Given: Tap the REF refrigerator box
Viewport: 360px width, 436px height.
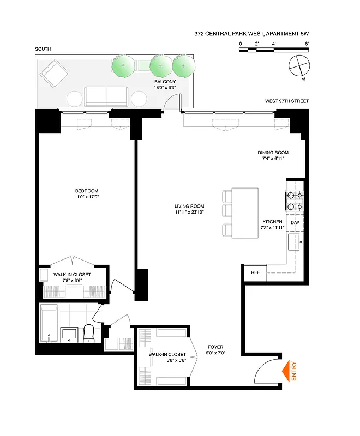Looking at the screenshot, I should coord(255,272).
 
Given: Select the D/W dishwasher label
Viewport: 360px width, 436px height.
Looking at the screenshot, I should coord(295,223).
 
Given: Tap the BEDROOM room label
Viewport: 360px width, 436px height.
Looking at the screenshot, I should coord(86,190).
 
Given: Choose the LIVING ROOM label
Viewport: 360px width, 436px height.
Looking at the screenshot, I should coord(189,206).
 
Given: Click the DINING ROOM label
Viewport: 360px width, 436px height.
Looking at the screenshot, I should coord(273,153).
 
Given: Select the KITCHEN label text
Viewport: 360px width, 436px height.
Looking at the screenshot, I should coord(272,222).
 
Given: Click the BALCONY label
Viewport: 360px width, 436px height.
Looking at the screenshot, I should coord(164,82).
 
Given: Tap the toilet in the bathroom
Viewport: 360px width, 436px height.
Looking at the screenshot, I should coord(89,334).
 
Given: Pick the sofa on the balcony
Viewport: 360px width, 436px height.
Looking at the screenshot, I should coord(106,96).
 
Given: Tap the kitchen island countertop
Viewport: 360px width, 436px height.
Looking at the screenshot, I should coord(245,213).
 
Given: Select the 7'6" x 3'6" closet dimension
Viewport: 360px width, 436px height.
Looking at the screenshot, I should coord(71,281).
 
